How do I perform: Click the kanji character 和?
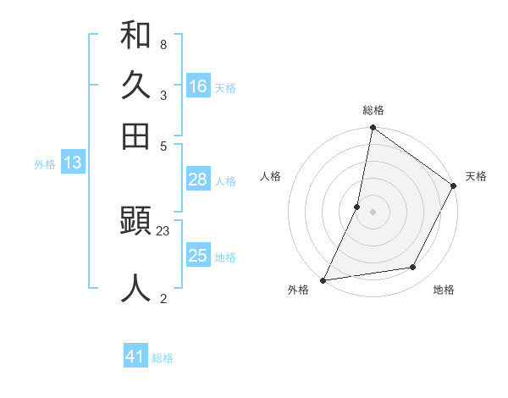135,36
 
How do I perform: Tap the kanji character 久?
135,86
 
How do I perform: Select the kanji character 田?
135,135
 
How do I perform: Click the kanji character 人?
135,288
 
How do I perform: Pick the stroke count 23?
163,230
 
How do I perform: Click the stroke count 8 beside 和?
163,44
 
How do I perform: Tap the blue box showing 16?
198,86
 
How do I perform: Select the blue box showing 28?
198,180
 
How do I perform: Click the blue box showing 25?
198,256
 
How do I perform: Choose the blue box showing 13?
72,163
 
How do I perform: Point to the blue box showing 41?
135,357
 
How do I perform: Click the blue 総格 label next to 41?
163,358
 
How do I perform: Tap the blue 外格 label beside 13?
45,164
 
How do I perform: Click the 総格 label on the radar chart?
373,110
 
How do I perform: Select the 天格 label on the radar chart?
476,176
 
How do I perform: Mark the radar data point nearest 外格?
323,279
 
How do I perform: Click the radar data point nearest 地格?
413,267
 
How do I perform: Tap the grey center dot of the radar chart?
373,211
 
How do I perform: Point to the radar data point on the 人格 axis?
357,206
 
